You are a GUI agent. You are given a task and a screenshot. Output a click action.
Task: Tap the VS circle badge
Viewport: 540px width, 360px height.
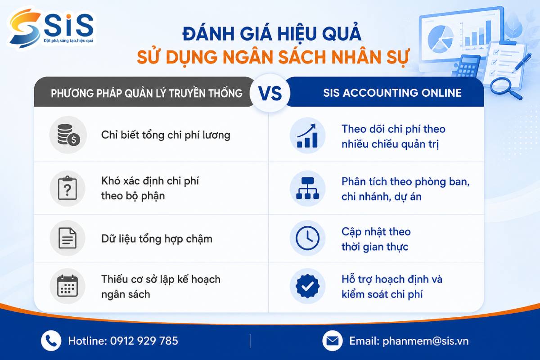(x=270, y=93)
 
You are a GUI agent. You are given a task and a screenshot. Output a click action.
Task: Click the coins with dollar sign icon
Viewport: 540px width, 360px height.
(x=68, y=135)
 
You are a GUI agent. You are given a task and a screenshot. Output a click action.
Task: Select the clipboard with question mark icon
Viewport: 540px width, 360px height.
(x=67, y=188)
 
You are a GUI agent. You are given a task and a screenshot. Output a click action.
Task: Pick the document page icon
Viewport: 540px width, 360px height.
(x=67, y=238)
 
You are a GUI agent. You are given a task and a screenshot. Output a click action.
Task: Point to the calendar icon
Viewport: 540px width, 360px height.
(x=67, y=286)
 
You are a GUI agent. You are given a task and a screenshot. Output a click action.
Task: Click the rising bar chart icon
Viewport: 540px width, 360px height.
(x=307, y=135)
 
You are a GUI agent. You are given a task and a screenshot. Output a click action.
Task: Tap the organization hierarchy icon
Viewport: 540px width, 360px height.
(x=307, y=188)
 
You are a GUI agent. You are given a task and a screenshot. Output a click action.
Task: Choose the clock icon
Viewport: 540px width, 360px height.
(x=307, y=238)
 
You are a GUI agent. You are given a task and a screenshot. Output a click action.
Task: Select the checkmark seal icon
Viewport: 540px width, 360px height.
(x=307, y=286)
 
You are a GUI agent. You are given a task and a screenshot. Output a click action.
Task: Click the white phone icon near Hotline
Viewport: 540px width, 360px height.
(x=51, y=341)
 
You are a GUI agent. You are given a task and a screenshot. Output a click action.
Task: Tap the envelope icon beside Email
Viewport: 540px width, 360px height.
(x=333, y=341)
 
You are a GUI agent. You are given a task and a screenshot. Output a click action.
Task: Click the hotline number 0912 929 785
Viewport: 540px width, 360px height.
(x=144, y=341)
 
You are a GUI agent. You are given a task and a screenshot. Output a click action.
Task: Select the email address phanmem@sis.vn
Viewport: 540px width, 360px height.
(x=426, y=341)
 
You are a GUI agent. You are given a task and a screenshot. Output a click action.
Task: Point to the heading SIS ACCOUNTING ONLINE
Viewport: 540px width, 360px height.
(x=392, y=93)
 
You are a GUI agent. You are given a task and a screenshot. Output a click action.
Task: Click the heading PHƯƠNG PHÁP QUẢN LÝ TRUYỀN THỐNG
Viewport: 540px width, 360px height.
(x=147, y=93)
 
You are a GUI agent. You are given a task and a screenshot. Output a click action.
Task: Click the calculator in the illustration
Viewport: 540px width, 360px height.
(x=467, y=67)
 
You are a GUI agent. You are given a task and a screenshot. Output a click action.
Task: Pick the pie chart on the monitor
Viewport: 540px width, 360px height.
(x=440, y=39)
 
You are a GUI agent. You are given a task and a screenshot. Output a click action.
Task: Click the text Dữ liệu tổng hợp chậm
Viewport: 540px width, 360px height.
(x=157, y=239)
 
